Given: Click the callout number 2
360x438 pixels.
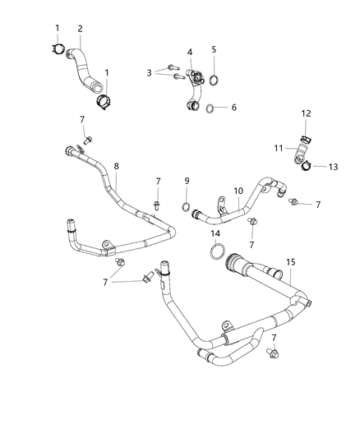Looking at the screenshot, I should [81, 30].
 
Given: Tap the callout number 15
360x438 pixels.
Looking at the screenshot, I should [289, 262].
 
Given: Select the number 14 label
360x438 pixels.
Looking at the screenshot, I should [216, 234].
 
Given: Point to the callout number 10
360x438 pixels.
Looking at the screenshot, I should [238, 191].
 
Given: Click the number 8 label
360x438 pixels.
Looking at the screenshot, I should [116, 166].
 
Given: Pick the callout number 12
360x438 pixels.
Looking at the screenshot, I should [306, 113].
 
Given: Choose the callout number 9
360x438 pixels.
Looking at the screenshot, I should [187, 182].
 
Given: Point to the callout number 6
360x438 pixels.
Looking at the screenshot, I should [233, 108].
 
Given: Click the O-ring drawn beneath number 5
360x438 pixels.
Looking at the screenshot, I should [214, 80].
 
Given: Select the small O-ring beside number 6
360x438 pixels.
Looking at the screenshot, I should [211, 108].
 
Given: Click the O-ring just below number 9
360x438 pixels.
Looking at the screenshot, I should [187, 205].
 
